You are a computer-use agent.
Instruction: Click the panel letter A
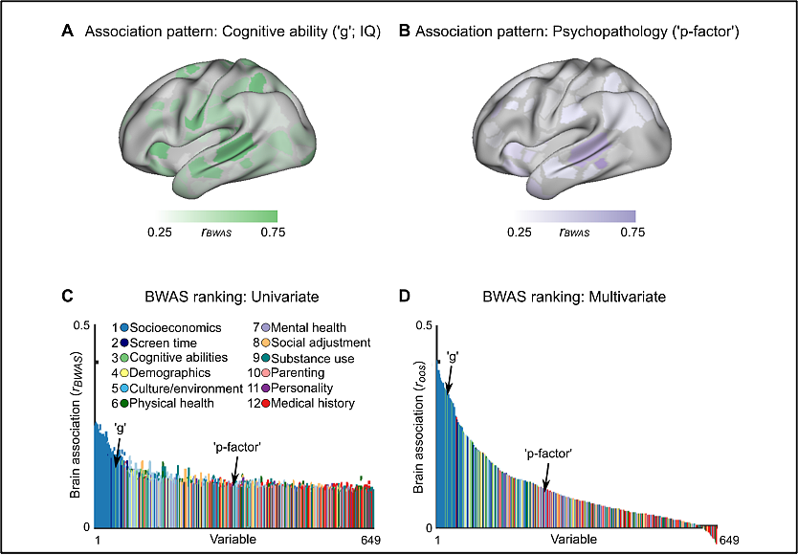tap(67, 32)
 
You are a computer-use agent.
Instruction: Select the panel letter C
tap(68, 297)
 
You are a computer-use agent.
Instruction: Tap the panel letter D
tap(405, 297)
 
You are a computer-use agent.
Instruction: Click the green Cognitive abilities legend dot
tap(124, 358)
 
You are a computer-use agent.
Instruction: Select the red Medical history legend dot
tap(266, 404)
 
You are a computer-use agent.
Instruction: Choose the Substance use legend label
tap(313, 359)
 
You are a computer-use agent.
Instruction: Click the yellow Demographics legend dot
tap(124, 374)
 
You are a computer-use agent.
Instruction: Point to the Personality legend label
tap(301, 388)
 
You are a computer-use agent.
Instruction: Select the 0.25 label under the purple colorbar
tap(520, 233)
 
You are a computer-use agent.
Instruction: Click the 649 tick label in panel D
tap(730, 540)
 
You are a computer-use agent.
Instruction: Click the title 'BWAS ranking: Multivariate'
tap(574, 297)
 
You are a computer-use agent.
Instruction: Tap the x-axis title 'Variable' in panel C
tap(233, 540)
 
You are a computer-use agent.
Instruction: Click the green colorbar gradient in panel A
tap(216, 217)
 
